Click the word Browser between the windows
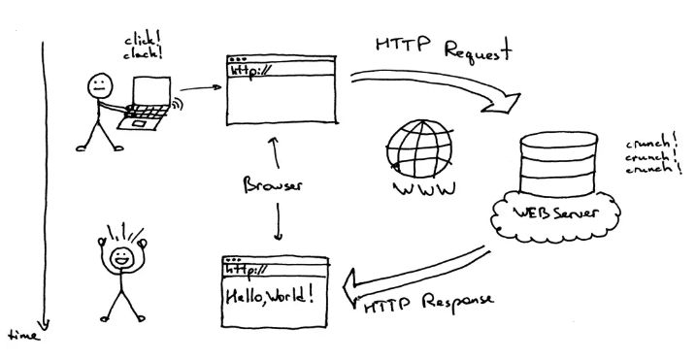278,184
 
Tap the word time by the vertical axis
21,336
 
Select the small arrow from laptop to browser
198,89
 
